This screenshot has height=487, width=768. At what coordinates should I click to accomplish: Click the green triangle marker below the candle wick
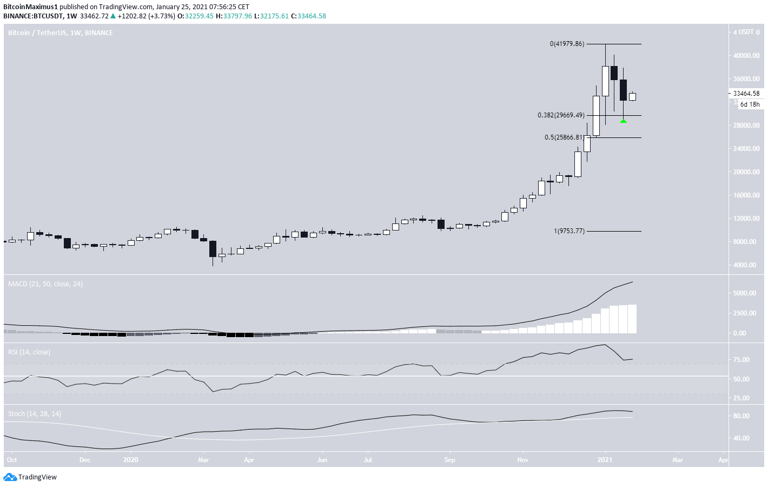[x=623, y=120]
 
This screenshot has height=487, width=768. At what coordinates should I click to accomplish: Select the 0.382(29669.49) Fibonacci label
[x=561, y=115]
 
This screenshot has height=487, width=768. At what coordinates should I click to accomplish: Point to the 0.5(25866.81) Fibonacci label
[x=564, y=137]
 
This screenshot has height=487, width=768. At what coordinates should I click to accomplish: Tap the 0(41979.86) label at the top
[x=567, y=44]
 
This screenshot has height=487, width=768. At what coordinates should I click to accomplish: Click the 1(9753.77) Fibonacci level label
[x=569, y=231]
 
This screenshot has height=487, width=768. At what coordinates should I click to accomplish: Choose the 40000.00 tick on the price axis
[x=746, y=56]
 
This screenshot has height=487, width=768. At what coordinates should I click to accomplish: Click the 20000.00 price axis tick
[x=746, y=172]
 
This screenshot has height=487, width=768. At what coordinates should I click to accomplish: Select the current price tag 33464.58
[x=746, y=94]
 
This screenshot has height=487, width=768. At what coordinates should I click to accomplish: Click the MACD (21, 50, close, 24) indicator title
[x=45, y=284]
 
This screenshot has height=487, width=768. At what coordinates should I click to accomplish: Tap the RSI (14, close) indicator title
[x=29, y=352]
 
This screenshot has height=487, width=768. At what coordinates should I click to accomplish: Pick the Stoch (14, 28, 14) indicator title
[x=35, y=413]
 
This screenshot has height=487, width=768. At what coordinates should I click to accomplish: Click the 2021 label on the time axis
[x=605, y=460]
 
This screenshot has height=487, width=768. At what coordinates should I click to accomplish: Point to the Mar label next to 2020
[x=203, y=460]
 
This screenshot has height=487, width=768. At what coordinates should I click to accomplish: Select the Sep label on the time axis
[x=449, y=460]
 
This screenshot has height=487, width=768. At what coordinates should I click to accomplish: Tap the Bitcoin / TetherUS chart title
[x=60, y=33]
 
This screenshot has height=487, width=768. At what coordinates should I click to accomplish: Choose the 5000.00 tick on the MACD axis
[x=745, y=293]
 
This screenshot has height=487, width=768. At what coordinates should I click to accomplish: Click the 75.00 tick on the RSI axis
[x=741, y=360]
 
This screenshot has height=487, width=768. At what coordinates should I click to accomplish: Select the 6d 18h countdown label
[x=750, y=104]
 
